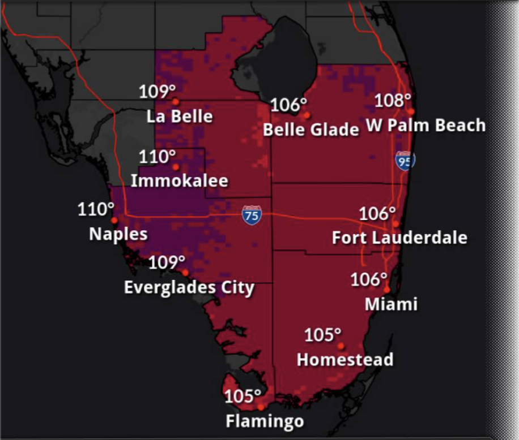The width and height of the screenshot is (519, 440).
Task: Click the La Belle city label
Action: pos(180,117)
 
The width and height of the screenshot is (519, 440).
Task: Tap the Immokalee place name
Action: pos(179,181)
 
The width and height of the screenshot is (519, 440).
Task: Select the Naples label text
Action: pos(118,234)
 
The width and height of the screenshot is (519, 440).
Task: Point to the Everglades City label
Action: pos(189,287)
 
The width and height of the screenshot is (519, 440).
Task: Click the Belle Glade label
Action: pos(311,130)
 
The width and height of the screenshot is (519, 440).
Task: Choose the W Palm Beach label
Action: pos(426,126)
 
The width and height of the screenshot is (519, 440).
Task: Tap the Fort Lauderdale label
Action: pos(399,238)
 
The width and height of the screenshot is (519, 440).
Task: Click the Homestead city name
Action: pos(345,360)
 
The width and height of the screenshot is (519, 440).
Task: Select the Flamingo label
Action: pos(265,421)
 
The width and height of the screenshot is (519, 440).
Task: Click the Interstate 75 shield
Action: pos(252,215)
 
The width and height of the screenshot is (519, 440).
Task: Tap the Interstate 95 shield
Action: pos(405,160)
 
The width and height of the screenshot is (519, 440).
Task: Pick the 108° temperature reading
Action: pos(393,101)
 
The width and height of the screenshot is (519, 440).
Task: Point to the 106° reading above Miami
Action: pos(369,279)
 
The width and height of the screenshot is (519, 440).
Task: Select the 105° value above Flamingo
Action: pos(243,396)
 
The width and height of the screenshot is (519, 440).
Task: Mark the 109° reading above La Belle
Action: pos(158,92)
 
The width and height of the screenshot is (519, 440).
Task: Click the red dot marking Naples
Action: pos(114,220)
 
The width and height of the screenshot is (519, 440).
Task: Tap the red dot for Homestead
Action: pos(341,346)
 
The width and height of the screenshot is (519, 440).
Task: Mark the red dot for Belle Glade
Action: pos(307,115)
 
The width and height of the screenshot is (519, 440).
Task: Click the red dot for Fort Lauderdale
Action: pos(395,224)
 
